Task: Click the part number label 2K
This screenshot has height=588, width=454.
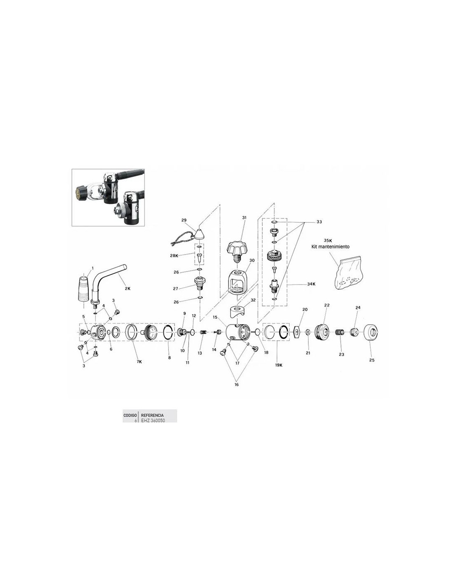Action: pos(128,289)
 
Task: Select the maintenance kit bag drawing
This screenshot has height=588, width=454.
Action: pos(347,276)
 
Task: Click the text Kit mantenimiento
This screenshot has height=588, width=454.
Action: pos(330,246)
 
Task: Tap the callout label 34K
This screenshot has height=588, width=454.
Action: pos(311,284)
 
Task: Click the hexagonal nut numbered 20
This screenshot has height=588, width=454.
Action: pos(297,331)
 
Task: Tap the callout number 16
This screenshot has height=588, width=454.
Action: pos(236,385)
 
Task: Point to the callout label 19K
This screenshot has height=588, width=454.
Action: pos(279,365)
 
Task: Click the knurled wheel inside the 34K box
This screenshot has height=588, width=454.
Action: pos(274,255)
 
